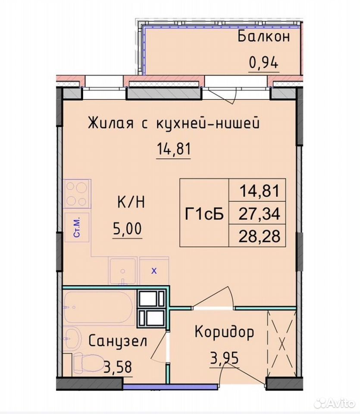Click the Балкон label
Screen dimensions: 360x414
coord(264,36)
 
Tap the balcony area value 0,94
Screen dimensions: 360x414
coord(264,63)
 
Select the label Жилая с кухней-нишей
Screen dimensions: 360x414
coord(174,123)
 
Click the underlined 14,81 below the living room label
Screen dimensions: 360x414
coord(174,149)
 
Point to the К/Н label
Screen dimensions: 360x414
coord(131,203)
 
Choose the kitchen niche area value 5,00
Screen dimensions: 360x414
coord(128,229)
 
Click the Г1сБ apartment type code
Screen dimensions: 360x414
coord(204,213)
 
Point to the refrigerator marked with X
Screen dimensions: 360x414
coord(154,271)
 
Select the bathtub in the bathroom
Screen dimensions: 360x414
coord(98,307)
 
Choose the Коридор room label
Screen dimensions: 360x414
coord(224,332)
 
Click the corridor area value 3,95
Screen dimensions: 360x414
coord(224,358)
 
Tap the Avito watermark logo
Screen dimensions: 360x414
coord(335,403)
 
